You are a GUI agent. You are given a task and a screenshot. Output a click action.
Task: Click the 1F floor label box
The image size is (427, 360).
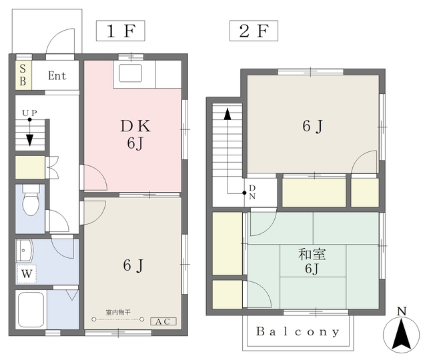[120, 31]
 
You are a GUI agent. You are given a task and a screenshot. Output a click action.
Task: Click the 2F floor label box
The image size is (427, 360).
[254, 31]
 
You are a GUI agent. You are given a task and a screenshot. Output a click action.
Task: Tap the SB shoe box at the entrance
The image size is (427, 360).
[23, 75]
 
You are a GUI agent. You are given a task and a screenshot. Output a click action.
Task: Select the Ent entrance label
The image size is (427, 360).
[57, 75]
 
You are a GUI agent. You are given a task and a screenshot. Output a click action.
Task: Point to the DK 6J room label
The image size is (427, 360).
[135, 135]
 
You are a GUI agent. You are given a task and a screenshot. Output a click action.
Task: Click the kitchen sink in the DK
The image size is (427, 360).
[131, 73]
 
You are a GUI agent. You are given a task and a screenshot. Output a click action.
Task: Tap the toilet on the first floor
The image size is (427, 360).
[31, 200]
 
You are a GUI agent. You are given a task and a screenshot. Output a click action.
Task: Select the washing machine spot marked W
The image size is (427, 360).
[27, 273]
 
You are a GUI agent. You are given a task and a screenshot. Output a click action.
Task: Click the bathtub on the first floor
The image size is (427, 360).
[31, 309]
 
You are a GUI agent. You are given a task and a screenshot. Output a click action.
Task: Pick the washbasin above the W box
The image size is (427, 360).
[25, 250]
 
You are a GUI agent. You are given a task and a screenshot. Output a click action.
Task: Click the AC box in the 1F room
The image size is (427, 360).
[163, 321]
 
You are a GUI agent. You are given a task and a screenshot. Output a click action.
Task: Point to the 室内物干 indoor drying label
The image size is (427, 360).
[118, 312]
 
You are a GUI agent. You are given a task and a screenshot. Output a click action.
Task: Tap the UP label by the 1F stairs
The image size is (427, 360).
[29, 113]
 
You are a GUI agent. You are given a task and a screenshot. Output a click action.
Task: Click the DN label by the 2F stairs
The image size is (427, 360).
[252, 192]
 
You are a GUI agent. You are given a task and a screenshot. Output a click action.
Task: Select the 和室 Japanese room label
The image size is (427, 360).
[312, 254]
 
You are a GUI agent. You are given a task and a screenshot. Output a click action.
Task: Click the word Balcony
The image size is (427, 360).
[298, 331]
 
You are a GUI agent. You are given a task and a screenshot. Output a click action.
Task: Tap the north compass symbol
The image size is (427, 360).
[402, 332]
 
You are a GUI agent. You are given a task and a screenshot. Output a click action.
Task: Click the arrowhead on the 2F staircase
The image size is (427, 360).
[228, 114]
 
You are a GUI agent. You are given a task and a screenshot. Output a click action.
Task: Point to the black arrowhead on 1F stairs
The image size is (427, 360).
[29, 140]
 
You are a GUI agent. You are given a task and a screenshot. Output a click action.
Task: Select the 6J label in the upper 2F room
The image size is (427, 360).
[313, 126]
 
